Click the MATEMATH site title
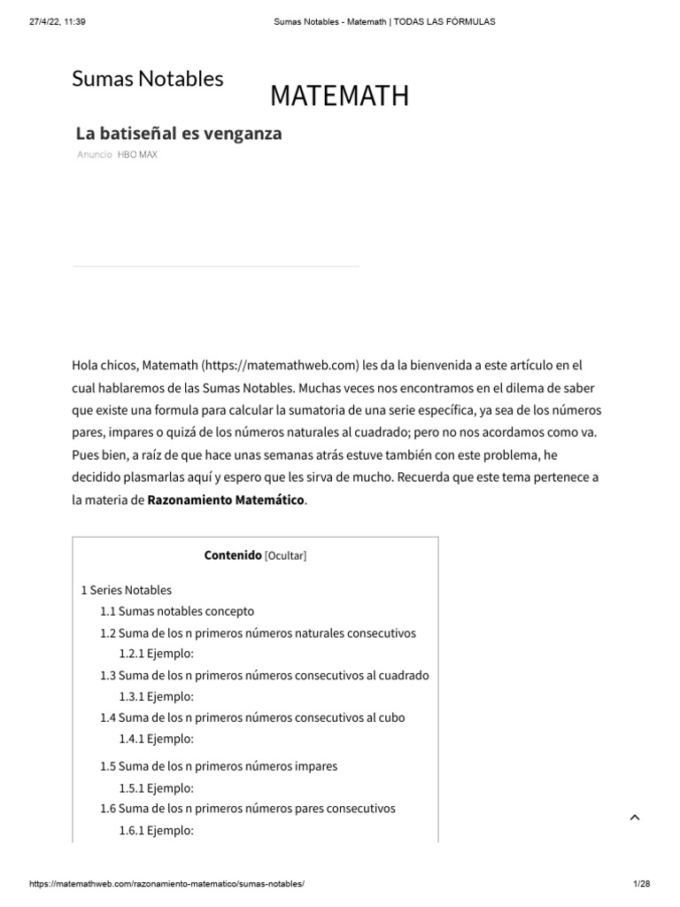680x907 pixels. click(339, 97)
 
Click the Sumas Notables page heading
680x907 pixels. click(147, 79)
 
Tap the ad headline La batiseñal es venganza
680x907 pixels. click(178, 134)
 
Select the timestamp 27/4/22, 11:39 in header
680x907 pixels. click(55, 22)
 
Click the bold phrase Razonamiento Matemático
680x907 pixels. click(226, 500)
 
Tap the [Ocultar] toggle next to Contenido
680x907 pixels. click(286, 556)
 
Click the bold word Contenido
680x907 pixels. click(233, 556)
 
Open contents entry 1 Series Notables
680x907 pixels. click(126, 590)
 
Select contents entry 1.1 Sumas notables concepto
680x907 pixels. click(177, 611)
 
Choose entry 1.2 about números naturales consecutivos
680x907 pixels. click(258, 633)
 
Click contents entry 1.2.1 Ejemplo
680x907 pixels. click(156, 654)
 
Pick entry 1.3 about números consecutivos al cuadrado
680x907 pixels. click(264, 675)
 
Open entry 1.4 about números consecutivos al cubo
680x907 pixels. click(252, 717)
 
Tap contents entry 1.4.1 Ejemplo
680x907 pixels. click(156, 739)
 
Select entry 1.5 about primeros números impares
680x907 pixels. click(219, 766)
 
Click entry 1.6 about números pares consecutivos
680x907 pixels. click(248, 809)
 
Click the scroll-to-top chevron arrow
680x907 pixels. click(634, 818)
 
